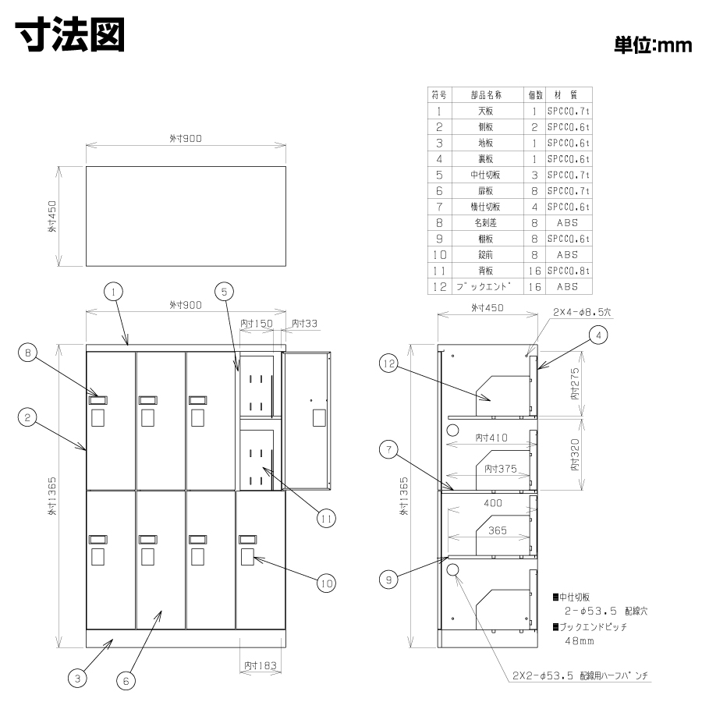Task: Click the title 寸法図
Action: click(70, 34)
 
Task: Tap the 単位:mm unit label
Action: click(652, 45)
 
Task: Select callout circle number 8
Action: click(27, 353)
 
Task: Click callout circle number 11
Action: click(326, 519)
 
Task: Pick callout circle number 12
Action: click(388, 363)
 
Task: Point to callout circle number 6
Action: click(126, 681)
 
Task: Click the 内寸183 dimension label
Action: click(260, 666)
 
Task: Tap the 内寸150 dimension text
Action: click(256, 323)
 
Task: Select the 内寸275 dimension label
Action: click(575, 384)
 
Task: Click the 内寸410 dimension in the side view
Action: click(491, 438)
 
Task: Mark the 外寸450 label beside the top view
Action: click(52, 216)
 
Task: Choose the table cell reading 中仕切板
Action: click(485, 175)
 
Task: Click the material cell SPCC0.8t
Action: click(568, 271)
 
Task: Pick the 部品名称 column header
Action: click(486, 95)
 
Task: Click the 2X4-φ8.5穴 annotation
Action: click(582, 312)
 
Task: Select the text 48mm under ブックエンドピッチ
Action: click(580, 640)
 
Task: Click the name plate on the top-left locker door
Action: click(98, 400)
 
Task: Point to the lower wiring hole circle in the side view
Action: click(453, 570)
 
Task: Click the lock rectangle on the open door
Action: click(319, 418)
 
